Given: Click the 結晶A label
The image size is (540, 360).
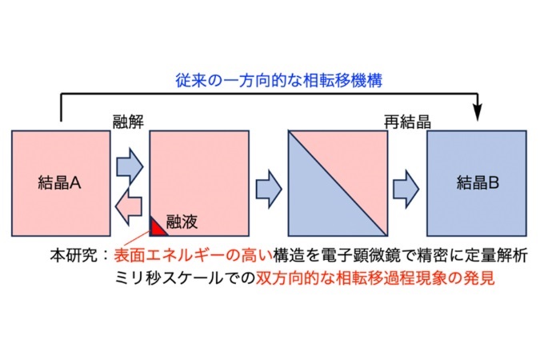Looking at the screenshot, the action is pyautogui.click(x=59, y=183).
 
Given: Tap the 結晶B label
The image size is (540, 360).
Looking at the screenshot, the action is pyautogui.click(x=478, y=183).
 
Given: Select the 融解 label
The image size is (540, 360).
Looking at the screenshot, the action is pyautogui.click(x=128, y=122).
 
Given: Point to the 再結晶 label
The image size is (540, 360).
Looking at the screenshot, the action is pyautogui.click(x=407, y=122).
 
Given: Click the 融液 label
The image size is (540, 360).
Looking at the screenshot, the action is pyautogui.click(x=182, y=222).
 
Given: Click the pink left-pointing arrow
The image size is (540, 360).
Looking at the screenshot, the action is pyautogui.click(x=129, y=206).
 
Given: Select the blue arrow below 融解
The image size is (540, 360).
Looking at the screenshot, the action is pyautogui.click(x=130, y=166).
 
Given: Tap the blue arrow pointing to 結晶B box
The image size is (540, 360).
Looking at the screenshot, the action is pyautogui.click(x=406, y=189).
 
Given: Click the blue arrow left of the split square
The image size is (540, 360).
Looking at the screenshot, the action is pyautogui.click(x=269, y=189).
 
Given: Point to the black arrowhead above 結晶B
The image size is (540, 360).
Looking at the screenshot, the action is pyautogui.click(x=478, y=112).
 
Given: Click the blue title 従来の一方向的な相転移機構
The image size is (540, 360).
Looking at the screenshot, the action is pyautogui.click(x=278, y=80).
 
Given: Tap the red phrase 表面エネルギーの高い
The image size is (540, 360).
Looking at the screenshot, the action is pyautogui.click(x=193, y=256).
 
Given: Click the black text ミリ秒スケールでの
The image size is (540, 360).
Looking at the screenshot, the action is pyautogui.click(x=185, y=278).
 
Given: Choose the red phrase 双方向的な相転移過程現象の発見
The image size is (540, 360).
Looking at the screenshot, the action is pyautogui.click(x=375, y=278).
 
